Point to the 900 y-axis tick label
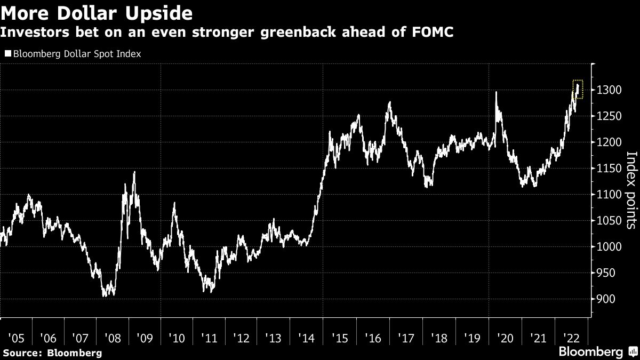pyautogui.click(x=605, y=299)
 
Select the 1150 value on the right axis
pyautogui.click(x=608, y=169)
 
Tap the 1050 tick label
pyautogui.click(x=608, y=221)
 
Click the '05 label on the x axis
pyautogui.click(x=16, y=338)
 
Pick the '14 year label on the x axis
pyautogui.click(x=306, y=338)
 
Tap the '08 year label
pyautogui.click(x=113, y=338)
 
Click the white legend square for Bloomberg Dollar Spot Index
pyautogui.click(x=7, y=54)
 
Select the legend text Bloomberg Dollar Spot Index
pyautogui.click(x=76, y=54)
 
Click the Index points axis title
pyautogui.click(x=630, y=190)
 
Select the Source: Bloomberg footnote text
pyautogui.click(x=51, y=353)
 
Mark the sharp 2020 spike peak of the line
pyautogui.click(x=497, y=92)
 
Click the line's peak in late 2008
pyautogui.click(x=134, y=172)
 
